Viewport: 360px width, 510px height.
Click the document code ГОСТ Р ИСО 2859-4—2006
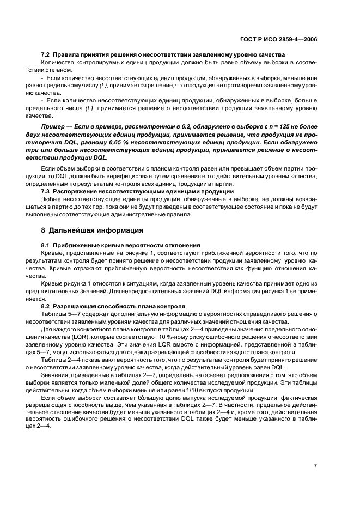tap(278, 40)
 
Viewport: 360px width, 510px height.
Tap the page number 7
tap(316, 465)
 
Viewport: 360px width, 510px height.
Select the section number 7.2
tap(46, 56)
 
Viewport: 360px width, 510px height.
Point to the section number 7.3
tap(46, 192)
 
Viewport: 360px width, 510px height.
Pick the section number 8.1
tap(46, 246)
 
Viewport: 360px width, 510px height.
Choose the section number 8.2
tap(46, 306)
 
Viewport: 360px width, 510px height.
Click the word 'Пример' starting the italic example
tap(53, 126)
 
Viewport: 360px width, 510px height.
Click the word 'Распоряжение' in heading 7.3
tap(76, 192)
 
